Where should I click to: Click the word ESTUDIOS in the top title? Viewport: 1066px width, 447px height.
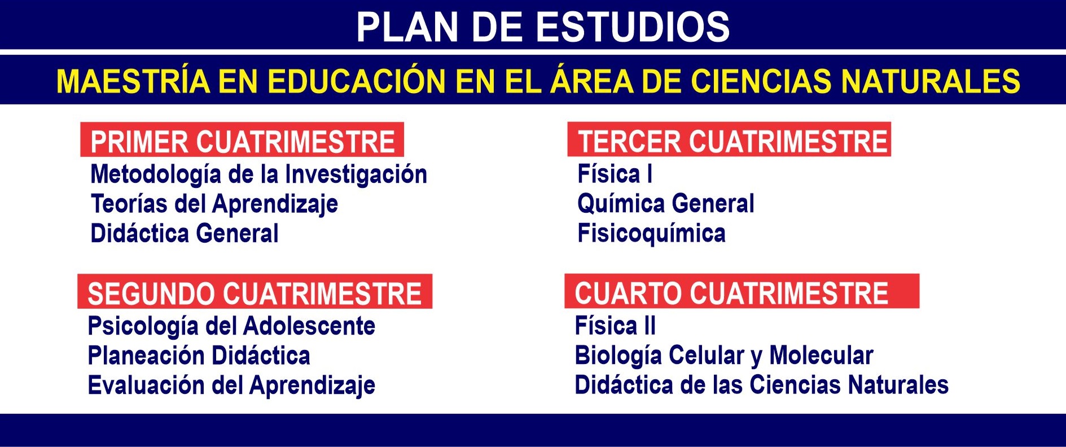pyautogui.click(x=632, y=27)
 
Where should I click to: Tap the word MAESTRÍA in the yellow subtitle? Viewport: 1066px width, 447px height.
pyautogui.click(x=133, y=81)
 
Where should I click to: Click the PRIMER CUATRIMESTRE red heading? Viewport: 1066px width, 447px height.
pyautogui.click(x=242, y=141)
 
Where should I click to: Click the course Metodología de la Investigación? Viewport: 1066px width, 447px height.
pyautogui.click(x=258, y=175)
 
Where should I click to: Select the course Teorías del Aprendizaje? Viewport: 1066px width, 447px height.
pyautogui.click(x=214, y=204)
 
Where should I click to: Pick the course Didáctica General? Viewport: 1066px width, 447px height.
pyautogui.click(x=185, y=234)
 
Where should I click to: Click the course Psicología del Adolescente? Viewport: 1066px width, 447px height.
pyautogui.click(x=231, y=327)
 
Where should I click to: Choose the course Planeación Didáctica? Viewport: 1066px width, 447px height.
pyautogui.click(x=199, y=356)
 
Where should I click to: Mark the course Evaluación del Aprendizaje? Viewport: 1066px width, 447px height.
pyautogui.click(x=231, y=386)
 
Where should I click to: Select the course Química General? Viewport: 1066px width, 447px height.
pyautogui.click(x=666, y=204)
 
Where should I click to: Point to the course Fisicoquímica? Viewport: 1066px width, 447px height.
pyautogui.click(x=651, y=234)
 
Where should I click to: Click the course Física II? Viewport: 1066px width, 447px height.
pyautogui.click(x=615, y=326)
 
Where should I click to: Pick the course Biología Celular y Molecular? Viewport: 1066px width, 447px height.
pyautogui.click(x=724, y=356)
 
